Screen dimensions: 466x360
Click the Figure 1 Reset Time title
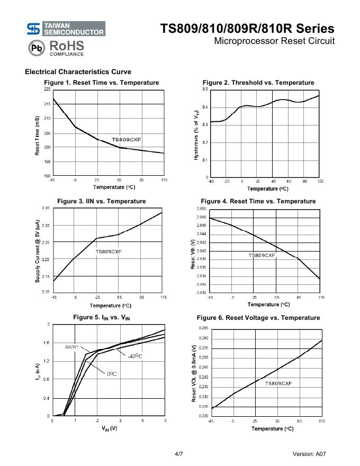[x=101, y=83]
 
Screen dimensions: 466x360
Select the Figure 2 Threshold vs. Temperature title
[x=258, y=83]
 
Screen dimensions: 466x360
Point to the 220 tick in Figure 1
[x=47, y=90]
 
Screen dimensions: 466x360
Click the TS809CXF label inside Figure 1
[x=127, y=140]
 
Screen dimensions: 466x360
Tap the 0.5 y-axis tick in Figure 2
[x=205, y=89]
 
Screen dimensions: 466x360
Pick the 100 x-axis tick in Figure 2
[x=320, y=181]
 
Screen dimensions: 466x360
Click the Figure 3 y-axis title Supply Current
[x=38, y=252]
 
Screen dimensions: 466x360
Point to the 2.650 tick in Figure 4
[x=201, y=209]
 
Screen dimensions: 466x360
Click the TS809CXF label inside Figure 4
[x=262, y=255]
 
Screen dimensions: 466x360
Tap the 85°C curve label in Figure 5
[x=71, y=347]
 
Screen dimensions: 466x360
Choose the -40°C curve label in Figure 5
[x=134, y=356]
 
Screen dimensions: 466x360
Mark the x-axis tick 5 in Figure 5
[x=165, y=420]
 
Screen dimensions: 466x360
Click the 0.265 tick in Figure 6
[x=203, y=329]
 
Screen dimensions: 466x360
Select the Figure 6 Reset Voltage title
[x=258, y=318]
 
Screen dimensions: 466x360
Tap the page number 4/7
[x=179, y=454]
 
